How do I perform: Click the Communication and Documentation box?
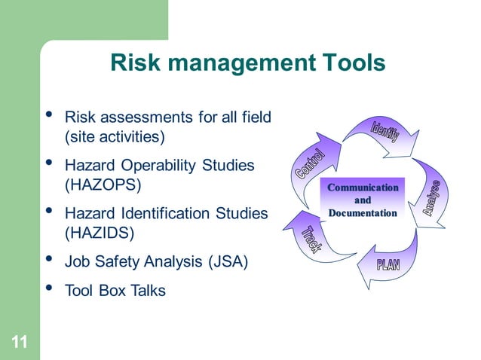tap(362, 200)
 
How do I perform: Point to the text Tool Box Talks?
tap(115, 290)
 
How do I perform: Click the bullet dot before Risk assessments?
tap(49, 115)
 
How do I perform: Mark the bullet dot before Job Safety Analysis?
tap(49, 260)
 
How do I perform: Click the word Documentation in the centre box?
tap(363, 213)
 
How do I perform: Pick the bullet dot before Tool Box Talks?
tap(49, 288)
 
